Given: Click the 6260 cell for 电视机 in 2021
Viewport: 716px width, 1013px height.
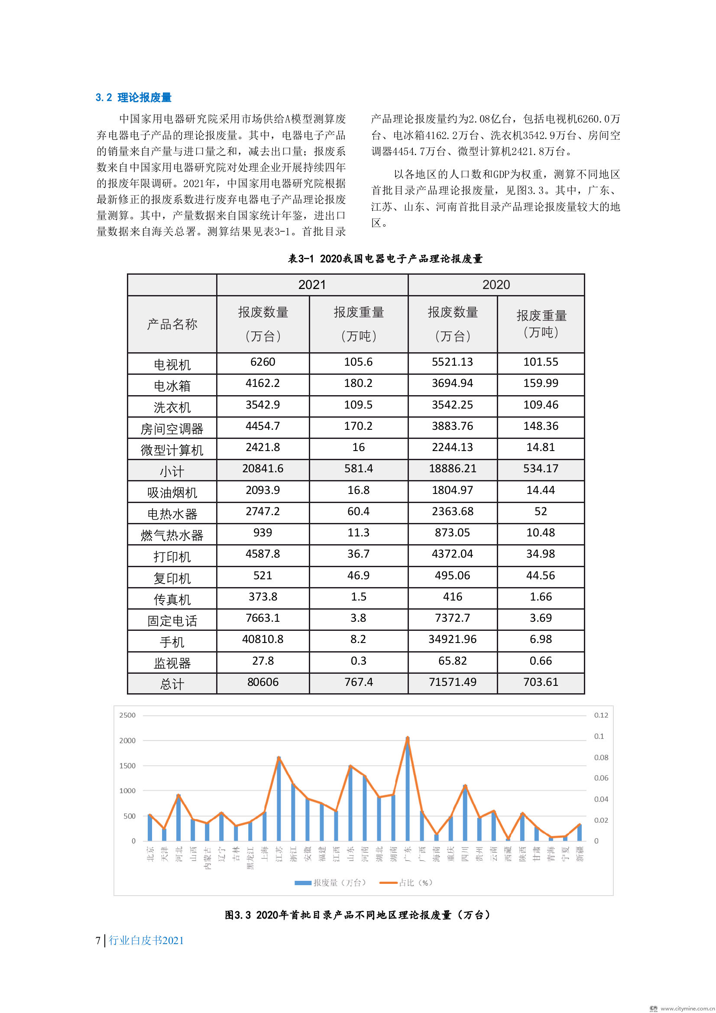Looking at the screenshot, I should [262, 362].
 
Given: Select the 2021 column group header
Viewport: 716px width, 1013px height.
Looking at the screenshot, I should [312, 285].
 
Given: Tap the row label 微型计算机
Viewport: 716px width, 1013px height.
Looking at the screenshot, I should [172, 450].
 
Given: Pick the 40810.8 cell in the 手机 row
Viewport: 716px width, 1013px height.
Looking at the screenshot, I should [262, 640].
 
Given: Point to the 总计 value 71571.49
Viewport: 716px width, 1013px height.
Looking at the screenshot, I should [452, 682].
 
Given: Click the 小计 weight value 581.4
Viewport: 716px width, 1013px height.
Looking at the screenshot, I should [358, 468].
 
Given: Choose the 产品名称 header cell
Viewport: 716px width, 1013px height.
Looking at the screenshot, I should [172, 324].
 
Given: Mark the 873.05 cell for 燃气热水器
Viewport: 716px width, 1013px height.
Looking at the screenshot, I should [452, 532].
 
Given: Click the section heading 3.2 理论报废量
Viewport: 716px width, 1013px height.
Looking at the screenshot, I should [133, 97].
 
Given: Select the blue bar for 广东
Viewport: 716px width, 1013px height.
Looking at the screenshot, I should [408, 790].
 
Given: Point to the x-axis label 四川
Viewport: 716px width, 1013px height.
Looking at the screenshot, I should [465, 853].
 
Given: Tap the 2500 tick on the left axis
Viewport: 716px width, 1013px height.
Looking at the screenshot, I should [127, 715].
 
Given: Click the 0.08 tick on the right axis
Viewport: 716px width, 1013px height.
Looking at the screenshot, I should [601, 757].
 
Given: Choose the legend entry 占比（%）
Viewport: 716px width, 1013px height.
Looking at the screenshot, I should [406, 883].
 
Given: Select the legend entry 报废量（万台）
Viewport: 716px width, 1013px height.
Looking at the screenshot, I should [330, 883].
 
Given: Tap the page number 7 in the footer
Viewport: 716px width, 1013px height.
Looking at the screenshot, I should [98, 941].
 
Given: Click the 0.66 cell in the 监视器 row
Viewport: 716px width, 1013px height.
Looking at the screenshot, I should [541, 661].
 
